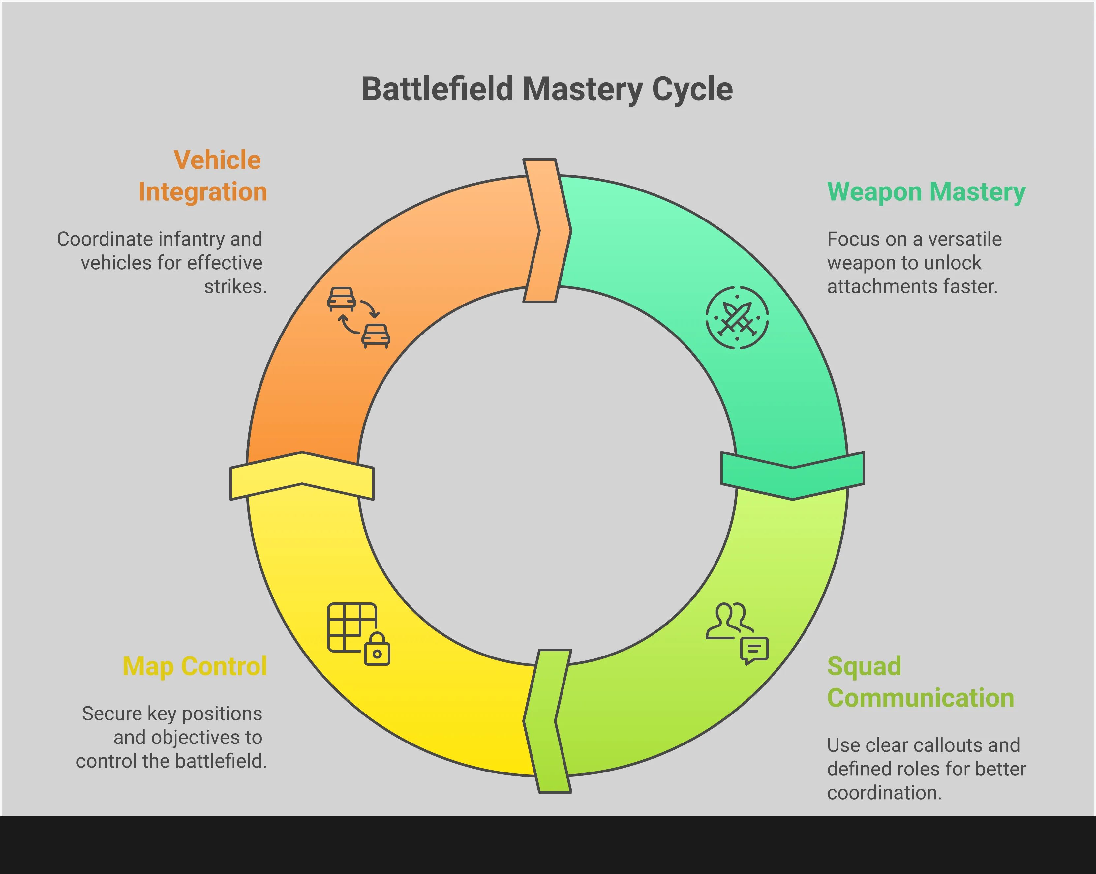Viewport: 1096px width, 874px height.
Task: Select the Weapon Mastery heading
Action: (x=926, y=192)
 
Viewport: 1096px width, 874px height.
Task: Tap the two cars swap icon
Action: (x=358, y=318)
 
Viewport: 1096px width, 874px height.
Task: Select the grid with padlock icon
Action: (x=358, y=634)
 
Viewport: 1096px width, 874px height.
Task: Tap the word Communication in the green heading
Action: (x=920, y=698)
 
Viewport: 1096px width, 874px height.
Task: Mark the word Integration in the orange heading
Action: (x=203, y=192)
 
